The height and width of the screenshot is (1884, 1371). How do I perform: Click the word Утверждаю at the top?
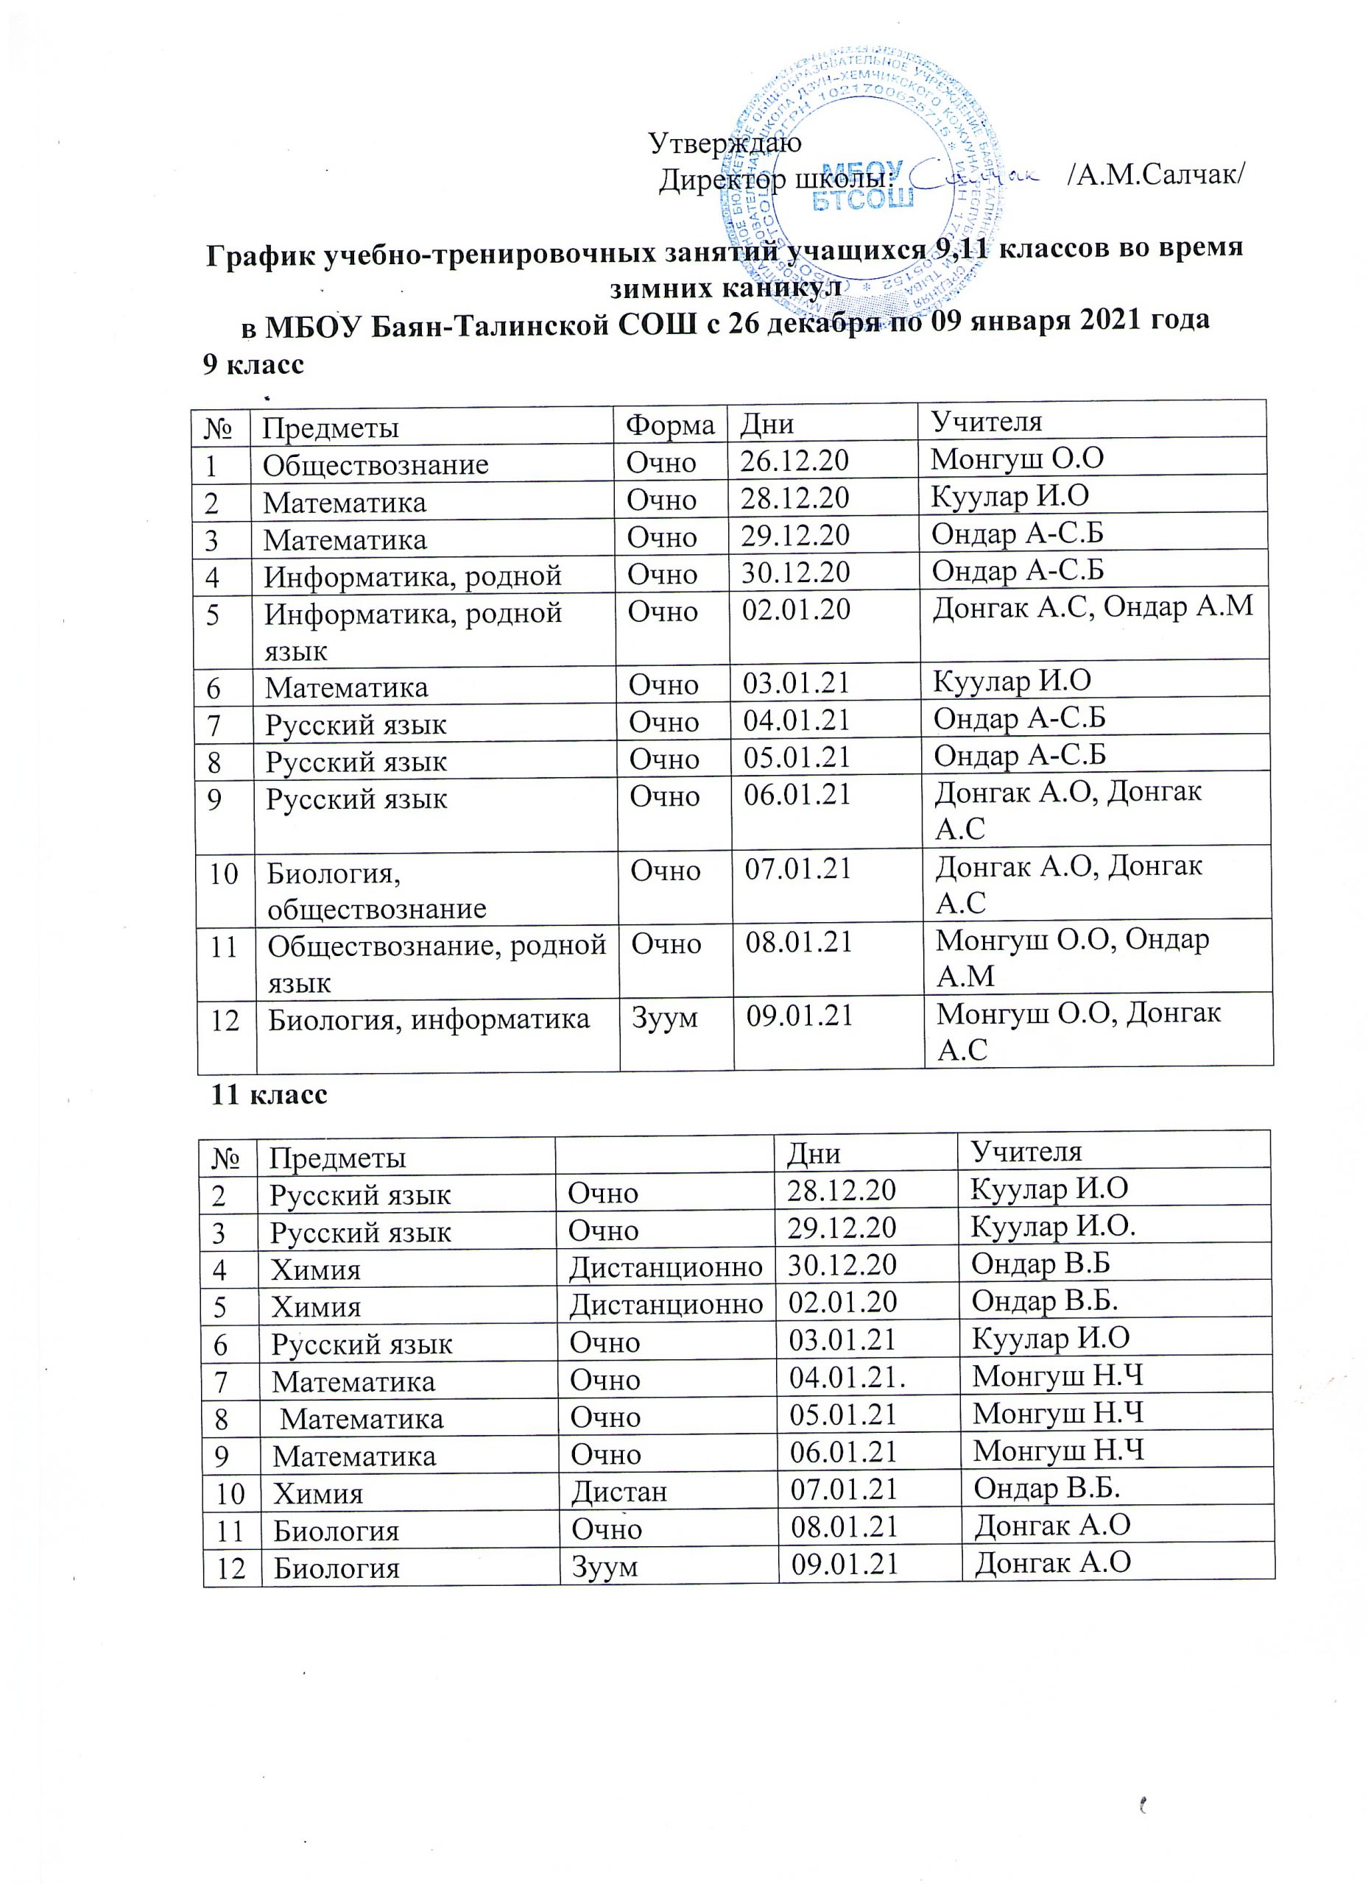tap(725, 143)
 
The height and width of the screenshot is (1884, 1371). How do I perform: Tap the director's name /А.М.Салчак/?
tap(1156, 177)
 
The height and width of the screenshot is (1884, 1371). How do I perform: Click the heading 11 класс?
tap(270, 1094)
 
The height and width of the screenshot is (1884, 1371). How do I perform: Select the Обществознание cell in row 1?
tap(376, 464)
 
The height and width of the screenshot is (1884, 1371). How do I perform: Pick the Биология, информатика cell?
tap(429, 1019)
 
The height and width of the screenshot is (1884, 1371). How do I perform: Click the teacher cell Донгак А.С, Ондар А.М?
tap(1093, 607)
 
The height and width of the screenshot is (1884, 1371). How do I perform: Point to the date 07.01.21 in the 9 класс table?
tap(798, 869)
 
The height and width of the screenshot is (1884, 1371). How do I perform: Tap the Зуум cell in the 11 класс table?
tap(604, 1566)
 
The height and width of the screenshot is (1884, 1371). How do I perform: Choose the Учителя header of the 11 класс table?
tap(1027, 1150)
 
